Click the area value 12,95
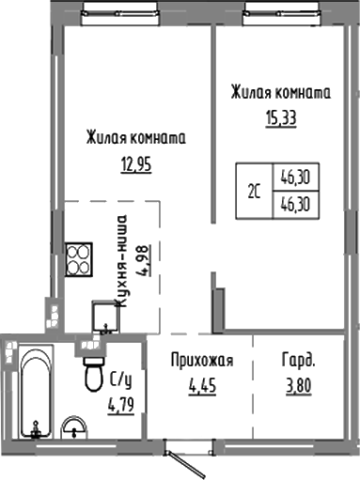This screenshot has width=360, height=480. (x=134, y=165)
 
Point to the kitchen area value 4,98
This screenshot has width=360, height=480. (x=143, y=254)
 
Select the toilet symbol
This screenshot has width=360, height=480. (x=93, y=372)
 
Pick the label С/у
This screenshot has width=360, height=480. (x=120, y=379)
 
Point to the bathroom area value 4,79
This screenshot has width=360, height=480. (x=120, y=407)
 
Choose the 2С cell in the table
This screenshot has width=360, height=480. (x=254, y=192)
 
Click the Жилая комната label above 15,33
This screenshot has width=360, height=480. (x=281, y=93)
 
